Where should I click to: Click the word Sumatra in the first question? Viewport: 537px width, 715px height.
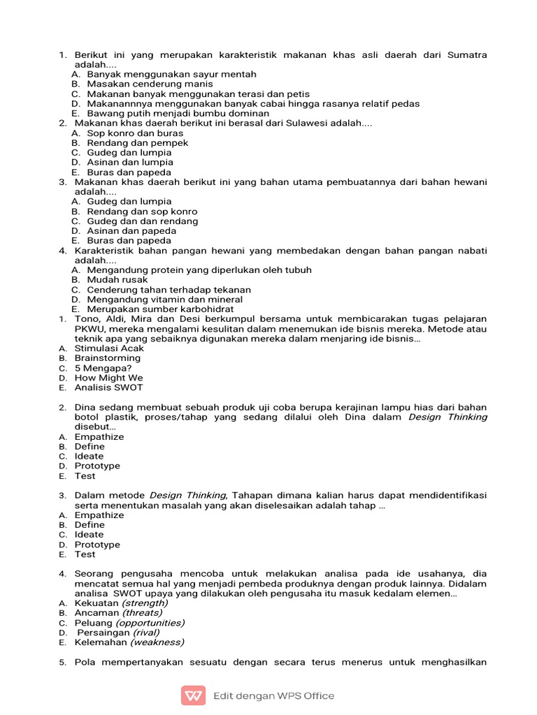(466, 54)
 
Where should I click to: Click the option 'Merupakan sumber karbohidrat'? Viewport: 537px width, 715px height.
(160, 309)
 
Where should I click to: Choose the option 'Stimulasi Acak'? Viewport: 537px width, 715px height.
(109, 348)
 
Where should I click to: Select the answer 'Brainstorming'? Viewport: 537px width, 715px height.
(107, 357)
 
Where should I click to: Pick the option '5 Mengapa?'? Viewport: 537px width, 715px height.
(103, 368)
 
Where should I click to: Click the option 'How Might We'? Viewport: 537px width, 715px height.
(108, 378)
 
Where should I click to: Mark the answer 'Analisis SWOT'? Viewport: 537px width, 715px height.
(108, 388)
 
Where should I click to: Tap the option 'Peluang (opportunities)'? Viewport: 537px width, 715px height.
(129, 622)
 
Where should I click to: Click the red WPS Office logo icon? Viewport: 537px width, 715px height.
(194, 695)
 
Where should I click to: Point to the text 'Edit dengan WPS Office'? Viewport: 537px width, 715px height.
(273, 695)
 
